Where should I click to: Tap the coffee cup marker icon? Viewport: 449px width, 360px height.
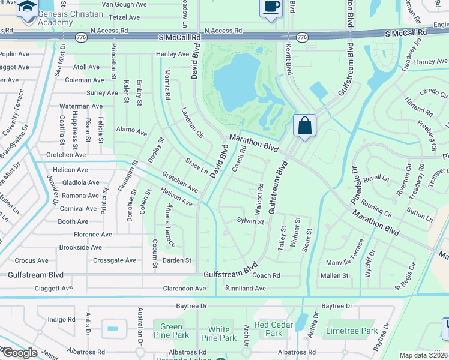tap(271, 8)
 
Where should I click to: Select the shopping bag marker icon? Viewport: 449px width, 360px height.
tap(304, 126)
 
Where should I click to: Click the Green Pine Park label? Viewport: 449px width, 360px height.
tap(171, 331)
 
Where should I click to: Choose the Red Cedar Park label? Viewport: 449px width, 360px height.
tap(268, 329)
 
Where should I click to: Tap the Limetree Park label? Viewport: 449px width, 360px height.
tap(351, 331)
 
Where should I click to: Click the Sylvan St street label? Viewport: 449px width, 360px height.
tap(250, 221)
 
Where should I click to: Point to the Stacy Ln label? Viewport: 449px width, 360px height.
tap(196, 167)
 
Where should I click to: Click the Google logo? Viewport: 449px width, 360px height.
tap(19, 353)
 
